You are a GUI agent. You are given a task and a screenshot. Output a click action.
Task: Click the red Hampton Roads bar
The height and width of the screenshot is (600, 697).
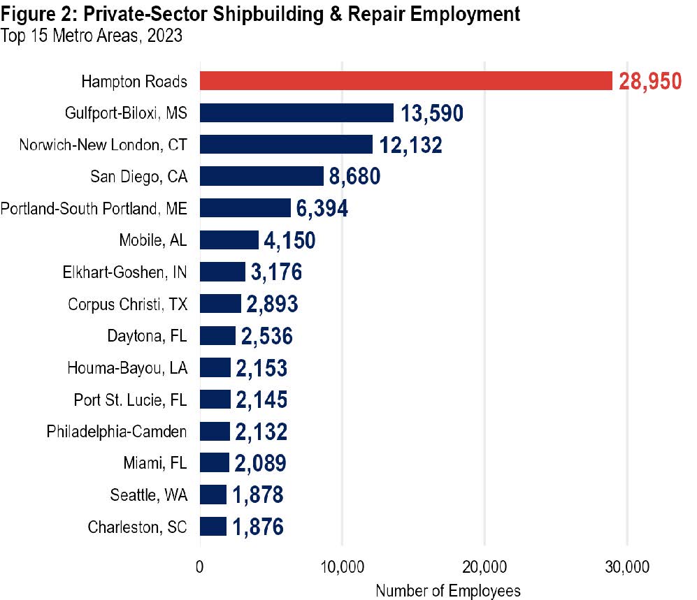pyautogui.click(x=405, y=81)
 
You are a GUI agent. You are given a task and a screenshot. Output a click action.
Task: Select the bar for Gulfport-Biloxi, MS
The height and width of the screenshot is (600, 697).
pyautogui.click(x=296, y=113)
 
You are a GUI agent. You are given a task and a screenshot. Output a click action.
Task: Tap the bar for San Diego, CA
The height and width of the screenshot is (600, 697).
pyautogui.click(x=261, y=177)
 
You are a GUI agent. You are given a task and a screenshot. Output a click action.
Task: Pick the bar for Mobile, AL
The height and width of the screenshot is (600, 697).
pyautogui.click(x=229, y=240)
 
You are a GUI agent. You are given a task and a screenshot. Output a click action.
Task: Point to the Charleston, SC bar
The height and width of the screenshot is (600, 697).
pyautogui.click(x=213, y=527)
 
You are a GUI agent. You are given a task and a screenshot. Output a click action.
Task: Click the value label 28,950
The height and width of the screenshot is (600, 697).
pyautogui.click(x=649, y=81)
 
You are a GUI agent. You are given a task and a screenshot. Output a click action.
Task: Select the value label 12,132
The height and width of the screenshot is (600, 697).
pyautogui.click(x=410, y=145)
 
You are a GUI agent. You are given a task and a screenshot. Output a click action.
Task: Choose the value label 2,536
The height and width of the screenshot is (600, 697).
pyautogui.click(x=266, y=337)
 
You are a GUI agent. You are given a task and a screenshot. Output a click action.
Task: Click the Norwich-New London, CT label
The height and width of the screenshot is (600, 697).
pyautogui.click(x=103, y=145)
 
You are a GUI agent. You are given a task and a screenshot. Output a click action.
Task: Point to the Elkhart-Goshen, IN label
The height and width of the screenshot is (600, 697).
pyautogui.click(x=124, y=272)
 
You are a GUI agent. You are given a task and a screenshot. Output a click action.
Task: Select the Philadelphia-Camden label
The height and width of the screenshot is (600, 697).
pyautogui.click(x=117, y=432)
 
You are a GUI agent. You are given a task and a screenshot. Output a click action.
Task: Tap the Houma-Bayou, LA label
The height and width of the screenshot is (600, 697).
pyautogui.click(x=127, y=368)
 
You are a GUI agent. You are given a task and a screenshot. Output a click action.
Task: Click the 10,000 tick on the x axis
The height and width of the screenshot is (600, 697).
pyautogui.click(x=342, y=566)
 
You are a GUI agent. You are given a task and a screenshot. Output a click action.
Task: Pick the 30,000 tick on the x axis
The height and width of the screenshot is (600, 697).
pyautogui.click(x=626, y=566)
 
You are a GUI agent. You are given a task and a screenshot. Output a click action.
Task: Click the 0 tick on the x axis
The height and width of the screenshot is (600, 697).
pyautogui.click(x=200, y=566)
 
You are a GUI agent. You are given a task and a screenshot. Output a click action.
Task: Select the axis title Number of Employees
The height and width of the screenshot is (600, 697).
pyautogui.click(x=448, y=590)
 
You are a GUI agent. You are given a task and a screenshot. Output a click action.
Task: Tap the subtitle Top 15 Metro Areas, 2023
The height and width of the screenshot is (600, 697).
pyautogui.click(x=92, y=36)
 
